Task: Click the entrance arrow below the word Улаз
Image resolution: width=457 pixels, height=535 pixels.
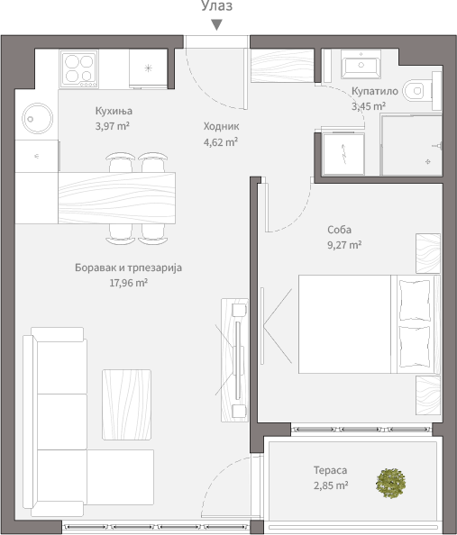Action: coord(216,25)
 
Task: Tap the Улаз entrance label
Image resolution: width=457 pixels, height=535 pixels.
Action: coord(216,5)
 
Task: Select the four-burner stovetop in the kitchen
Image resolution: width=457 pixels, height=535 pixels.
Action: coord(79,69)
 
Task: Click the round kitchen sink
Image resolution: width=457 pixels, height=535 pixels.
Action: coord(38,118)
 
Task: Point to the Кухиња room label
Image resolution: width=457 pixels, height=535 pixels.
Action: coord(114,111)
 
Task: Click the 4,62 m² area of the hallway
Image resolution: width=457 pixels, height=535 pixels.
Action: coord(221,142)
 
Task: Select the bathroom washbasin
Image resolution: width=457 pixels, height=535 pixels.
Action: coord(361,65)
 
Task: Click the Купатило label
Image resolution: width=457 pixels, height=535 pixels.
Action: coord(375,91)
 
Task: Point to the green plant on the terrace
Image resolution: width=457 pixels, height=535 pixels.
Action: coord(390,483)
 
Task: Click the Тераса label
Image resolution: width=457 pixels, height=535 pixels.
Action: coord(330,470)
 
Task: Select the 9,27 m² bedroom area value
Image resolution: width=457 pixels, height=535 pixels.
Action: coord(344,245)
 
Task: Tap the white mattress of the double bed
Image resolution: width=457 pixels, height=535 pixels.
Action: coord(344,324)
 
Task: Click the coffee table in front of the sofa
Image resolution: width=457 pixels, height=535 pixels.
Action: coord(127,404)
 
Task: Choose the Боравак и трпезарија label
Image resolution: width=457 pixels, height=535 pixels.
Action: coord(128,267)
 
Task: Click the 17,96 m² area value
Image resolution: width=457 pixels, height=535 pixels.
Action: coord(128,283)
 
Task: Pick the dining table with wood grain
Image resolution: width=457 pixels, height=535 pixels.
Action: coord(117,198)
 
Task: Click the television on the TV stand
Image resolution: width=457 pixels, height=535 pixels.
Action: coord(238,360)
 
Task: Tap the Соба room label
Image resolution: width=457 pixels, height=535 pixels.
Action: coord(339,230)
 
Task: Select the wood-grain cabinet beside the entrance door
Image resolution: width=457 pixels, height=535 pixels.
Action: coord(282,66)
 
